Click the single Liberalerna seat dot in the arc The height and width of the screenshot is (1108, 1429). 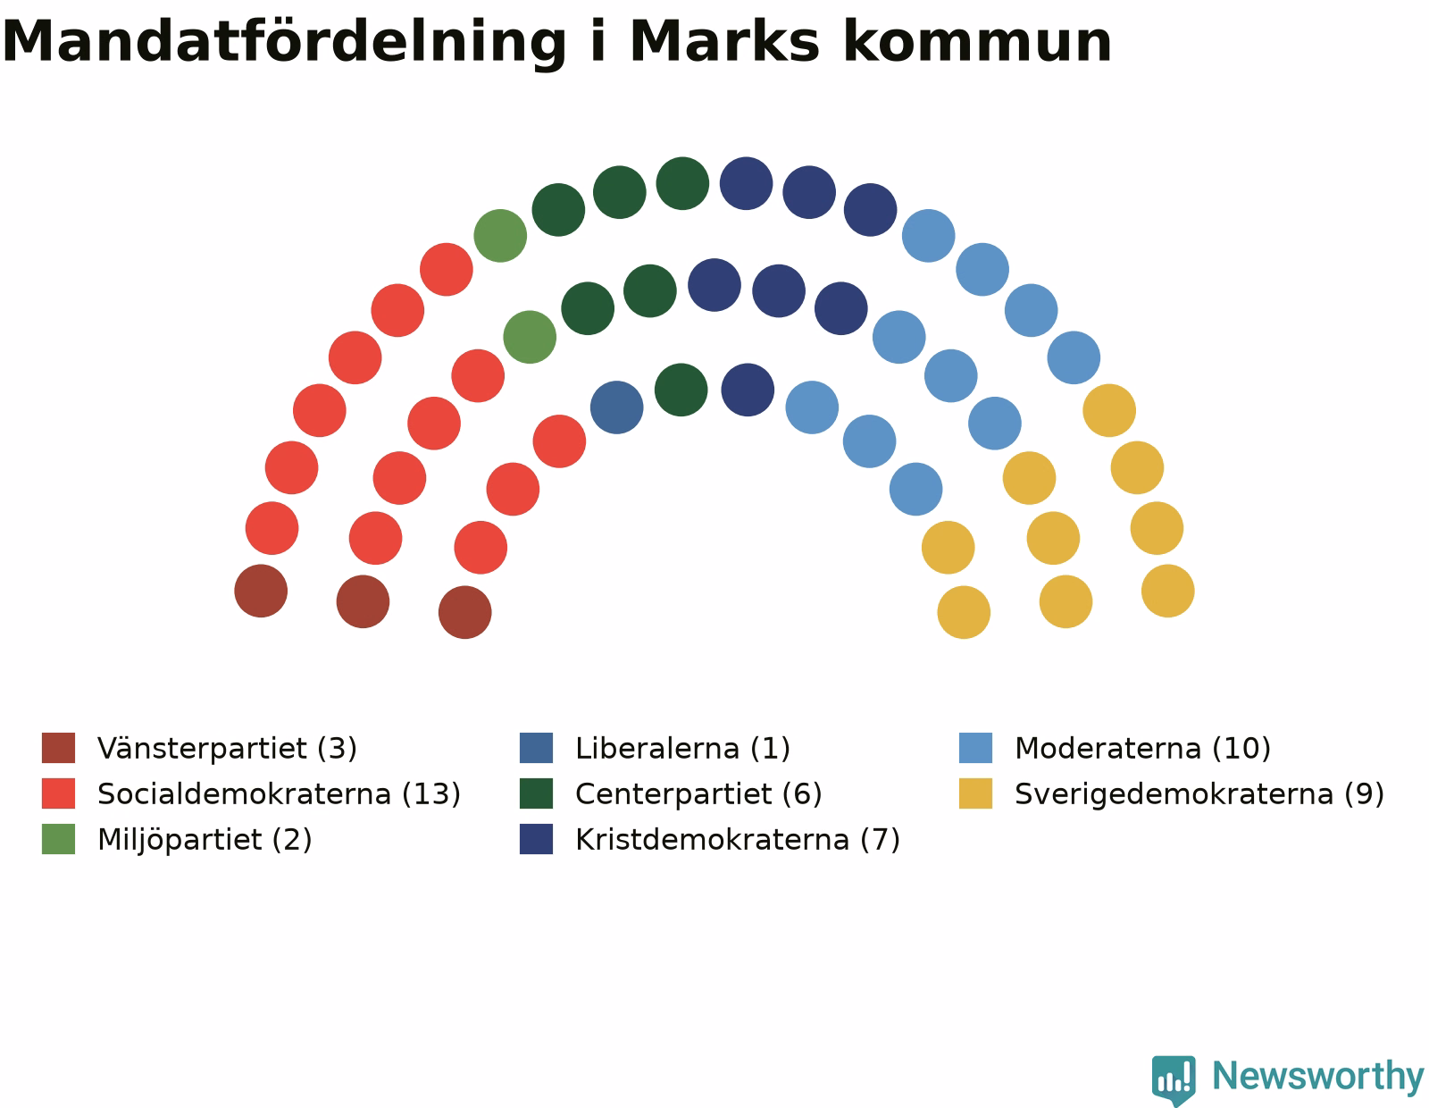(616, 407)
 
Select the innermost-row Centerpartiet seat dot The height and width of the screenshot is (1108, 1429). (681, 390)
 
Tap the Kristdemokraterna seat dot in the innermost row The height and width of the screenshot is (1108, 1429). (747, 390)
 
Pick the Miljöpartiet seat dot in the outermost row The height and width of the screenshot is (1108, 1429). (500, 236)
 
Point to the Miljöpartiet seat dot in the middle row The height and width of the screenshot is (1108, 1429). (530, 337)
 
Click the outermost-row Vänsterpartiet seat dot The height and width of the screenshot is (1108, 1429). (261, 591)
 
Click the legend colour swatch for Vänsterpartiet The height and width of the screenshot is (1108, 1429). (58, 747)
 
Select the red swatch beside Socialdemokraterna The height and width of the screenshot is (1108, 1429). (58, 793)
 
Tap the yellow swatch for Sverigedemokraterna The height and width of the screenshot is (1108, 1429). (974, 793)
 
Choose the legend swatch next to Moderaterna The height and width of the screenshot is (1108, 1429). (974, 747)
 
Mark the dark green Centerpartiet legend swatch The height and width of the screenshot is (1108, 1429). (536, 793)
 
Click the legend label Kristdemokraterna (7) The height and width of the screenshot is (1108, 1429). (737, 840)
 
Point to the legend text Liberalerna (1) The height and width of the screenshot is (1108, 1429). (682, 748)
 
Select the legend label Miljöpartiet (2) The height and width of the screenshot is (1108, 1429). (204, 840)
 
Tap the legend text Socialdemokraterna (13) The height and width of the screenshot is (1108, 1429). (278, 793)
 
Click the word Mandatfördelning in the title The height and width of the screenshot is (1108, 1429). (283, 42)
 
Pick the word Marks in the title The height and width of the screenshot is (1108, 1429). (724, 41)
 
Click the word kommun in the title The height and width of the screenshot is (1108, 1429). (976, 41)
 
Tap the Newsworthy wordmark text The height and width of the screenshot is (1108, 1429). (1317, 1077)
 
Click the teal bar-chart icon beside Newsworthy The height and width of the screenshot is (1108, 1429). (1174, 1079)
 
